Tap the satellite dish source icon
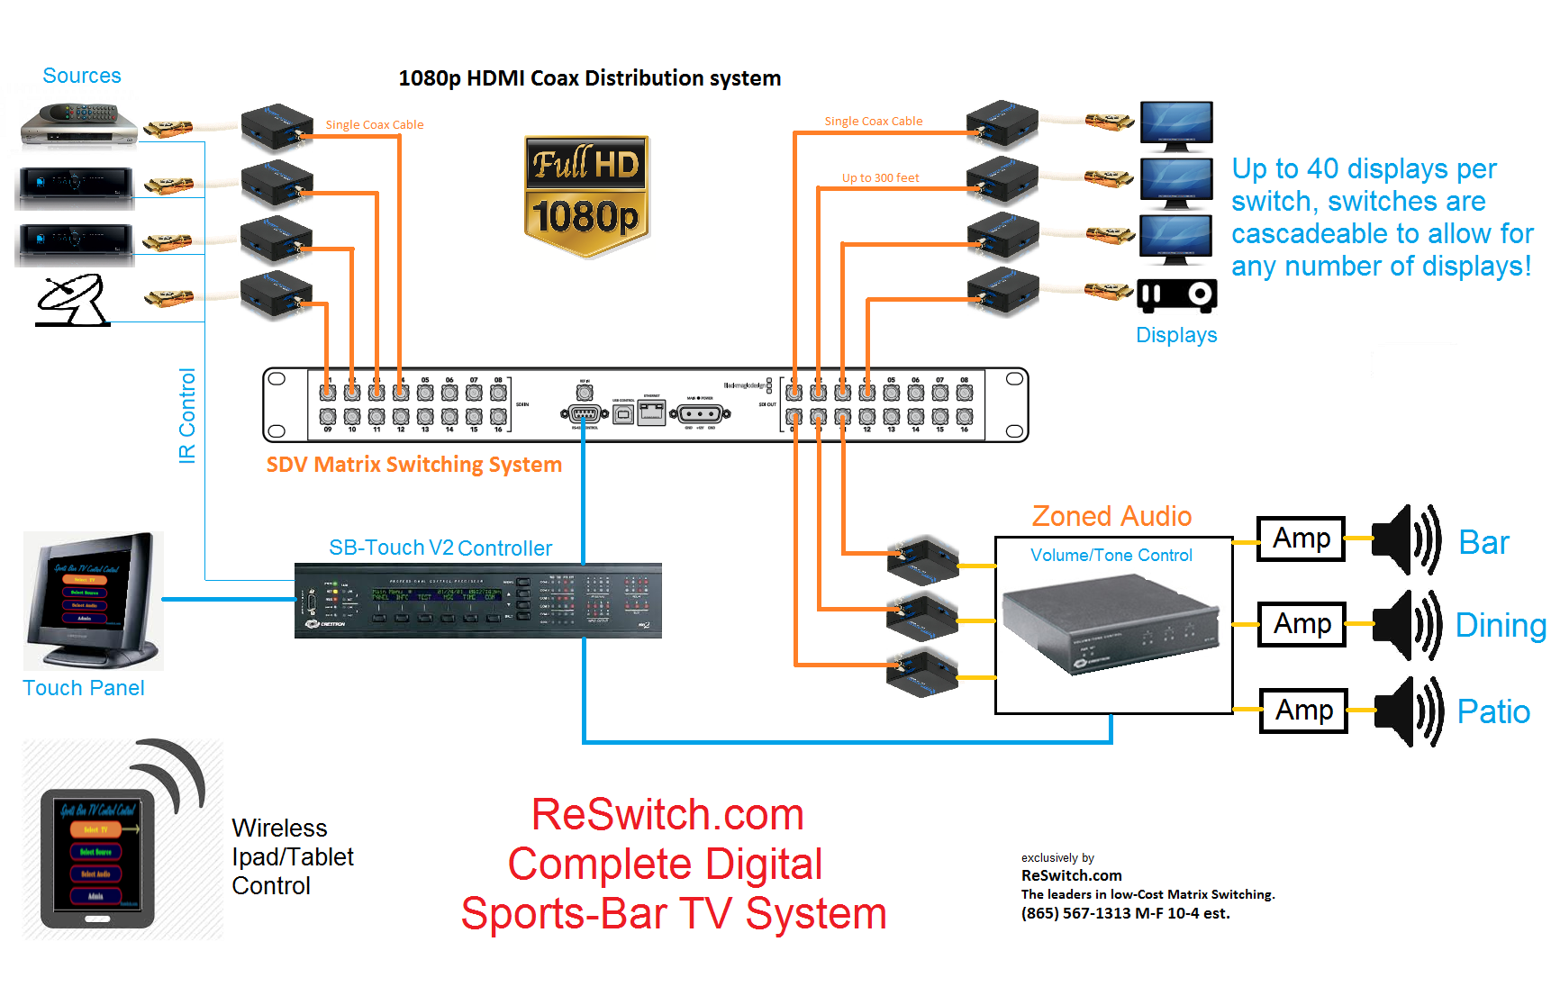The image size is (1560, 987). point(72,301)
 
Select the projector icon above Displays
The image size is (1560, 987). point(1176,294)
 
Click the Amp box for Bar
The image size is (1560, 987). point(1301,539)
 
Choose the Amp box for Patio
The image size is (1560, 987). point(1303,711)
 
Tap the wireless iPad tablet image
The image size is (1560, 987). point(97,858)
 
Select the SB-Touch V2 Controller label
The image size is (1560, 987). point(440,548)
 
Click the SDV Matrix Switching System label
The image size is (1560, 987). point(413,465)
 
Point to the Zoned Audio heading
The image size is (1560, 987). point(1111,516)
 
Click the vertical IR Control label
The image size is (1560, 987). point(187,415)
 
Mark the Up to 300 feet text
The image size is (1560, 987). point(880,177)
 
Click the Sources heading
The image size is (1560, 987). point(82,76)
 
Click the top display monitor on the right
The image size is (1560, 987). point(1176,124)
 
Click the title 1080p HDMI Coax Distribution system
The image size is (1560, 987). point(589,78)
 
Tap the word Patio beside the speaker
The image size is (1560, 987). point(1493,711)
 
